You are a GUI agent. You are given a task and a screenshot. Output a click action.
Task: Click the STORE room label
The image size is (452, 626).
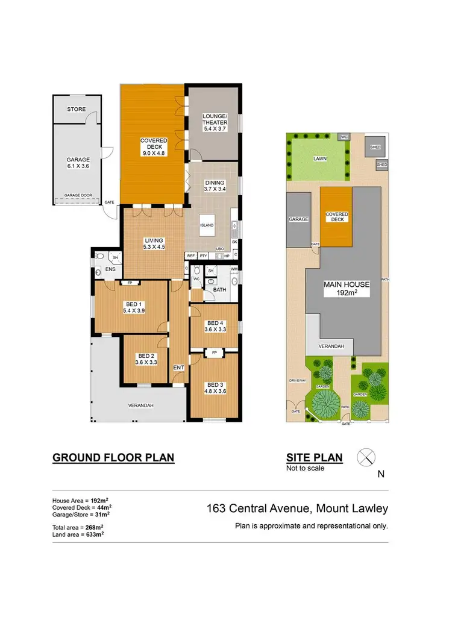coord(77,109)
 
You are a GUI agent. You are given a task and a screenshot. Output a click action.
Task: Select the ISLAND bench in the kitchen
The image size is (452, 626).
coord(207,225)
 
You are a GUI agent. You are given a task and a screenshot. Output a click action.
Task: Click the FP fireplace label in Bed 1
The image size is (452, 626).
coord(130,283)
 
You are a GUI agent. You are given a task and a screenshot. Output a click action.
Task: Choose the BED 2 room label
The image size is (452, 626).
coord(146,359)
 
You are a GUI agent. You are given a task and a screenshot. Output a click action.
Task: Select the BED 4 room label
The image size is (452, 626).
coord(215,326)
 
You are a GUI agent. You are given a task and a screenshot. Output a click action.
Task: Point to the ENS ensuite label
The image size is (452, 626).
coord(110,269)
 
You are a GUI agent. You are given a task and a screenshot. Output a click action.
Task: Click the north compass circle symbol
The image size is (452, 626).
coord(366,458)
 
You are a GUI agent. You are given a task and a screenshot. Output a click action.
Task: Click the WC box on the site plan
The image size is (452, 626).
coord(344,137)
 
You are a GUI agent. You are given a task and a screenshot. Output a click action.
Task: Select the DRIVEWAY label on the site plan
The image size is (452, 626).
coord(298,381)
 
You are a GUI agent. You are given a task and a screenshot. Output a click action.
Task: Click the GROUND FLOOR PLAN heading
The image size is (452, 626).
coord(113,457)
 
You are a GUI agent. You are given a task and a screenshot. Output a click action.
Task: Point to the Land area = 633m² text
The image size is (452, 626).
coord(78,534)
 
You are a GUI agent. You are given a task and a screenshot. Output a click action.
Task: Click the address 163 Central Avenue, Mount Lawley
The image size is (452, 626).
coord(297,509)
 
